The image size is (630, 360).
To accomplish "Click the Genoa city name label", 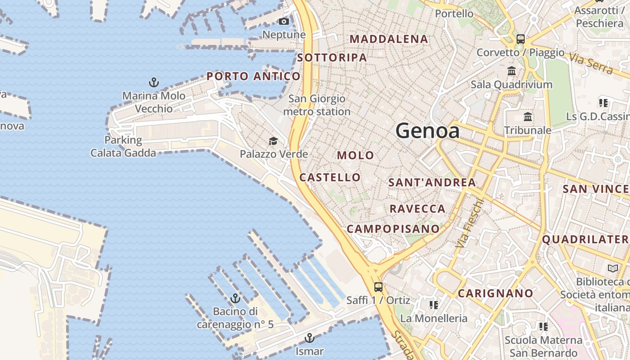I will pyautogui.click(x=427, y=131).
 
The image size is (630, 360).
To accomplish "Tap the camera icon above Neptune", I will pyautogui.click(x=283, y=22).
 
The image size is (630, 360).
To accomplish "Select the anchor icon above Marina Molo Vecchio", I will pyautogui.click(x=154, y=82).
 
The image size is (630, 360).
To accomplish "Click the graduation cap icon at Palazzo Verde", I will pyautogui.click(x=273, y=141).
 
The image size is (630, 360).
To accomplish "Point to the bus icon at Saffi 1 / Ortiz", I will pyautogui.click(x=378, y=287).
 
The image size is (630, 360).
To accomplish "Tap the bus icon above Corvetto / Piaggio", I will pyautogui.click(x=521, y=39).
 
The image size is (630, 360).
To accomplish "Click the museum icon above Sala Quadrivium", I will pyautogui.click(x=512, y=71).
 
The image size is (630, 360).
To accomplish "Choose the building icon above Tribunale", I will pyautogui.click(x=528, y=117).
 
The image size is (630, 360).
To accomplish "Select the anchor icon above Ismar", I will pyautogui.click(x=309, y=338).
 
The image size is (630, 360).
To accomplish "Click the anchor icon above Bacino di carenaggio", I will pyautogui.click(x=235, y=298).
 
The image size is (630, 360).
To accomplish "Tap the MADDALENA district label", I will pyautogui.click(x=389, y=39).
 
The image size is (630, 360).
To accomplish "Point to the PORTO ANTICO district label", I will pyautogui.click(x=253, y=76).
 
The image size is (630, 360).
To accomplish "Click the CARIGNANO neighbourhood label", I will pyautogui.click(x=495, y=293).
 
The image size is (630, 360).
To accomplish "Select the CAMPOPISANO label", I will pyautogui.click(x=393, y=229).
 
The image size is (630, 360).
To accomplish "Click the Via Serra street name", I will pyautogui.click(x=591, y=63).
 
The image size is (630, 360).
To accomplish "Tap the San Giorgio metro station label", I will pyautogui.click(x=317, y=105).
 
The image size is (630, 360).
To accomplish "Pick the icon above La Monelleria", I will pyautogui.click(x=433, y=305).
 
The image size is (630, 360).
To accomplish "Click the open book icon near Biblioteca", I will pyautogui.click(x=613, y=269).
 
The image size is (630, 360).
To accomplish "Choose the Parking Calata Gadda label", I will pyautogui.click(x=123, y=147).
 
